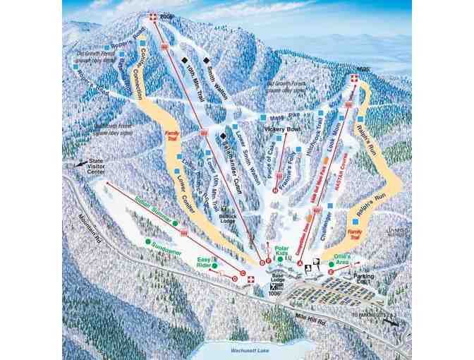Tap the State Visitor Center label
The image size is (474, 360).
click(95, 168)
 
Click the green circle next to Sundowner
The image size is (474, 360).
click(148, 241)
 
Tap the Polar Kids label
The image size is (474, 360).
click(281, 252)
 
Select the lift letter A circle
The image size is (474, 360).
click(300, 263)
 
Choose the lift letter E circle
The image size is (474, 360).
click(330, 272)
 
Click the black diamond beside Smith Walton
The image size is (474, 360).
click(206, 60)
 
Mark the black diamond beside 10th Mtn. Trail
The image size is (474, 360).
click(183, 60)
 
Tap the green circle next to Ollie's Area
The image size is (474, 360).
click(331, 265)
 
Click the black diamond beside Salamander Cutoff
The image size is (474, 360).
click(223, 136)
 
